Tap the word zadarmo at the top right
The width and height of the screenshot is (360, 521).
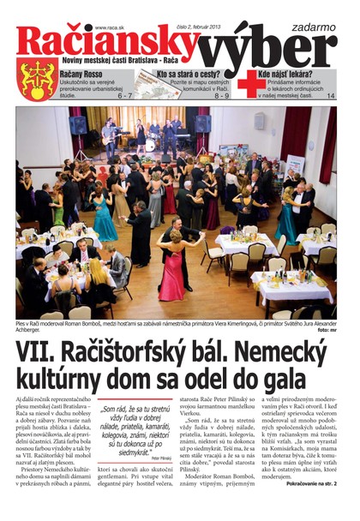pos(309,12)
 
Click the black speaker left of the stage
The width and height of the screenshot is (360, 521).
pos(78,125)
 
